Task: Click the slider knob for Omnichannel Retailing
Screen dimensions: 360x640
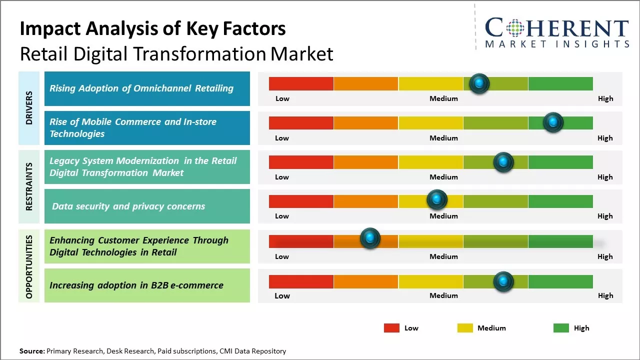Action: [x=479, y=83]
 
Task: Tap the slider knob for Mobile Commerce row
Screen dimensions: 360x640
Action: [x=553, y=122]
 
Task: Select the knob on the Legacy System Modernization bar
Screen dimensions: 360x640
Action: [x=503, y=162]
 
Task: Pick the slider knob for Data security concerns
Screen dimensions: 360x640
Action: [x=437, y=200]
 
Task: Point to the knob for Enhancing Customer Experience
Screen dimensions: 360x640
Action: [x=370, y=238]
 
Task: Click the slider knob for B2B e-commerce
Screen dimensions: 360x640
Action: [x=503, y=281]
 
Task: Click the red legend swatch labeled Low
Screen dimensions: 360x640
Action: [x=391, y=328]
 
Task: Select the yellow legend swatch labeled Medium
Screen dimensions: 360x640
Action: [x=465, y=328]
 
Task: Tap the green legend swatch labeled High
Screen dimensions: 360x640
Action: [x=561, y=328]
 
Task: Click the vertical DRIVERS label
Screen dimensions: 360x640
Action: [x=29, y=108]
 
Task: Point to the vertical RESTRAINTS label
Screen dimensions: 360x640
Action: [x=29, y=186]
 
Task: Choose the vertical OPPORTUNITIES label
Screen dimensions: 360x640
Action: [x=29, y=266]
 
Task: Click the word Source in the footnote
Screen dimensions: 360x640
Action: [x=31, y=351]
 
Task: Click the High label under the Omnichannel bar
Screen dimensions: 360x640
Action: [x=605, y=98]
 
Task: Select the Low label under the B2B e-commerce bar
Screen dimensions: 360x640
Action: [x=282, y=295]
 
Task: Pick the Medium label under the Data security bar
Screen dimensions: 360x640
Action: [x=443, y=216]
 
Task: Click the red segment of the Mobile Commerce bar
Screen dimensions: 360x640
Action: [x=301, y=123]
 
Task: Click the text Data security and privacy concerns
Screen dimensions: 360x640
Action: [x=128, y=206]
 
